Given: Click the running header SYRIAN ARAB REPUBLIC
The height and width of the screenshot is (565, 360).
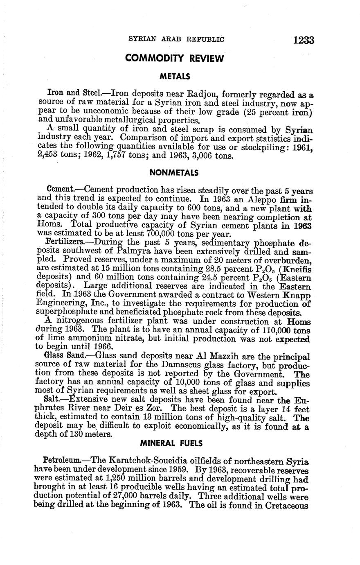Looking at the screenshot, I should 176,40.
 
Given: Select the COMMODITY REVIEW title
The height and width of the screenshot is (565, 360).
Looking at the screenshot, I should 174,59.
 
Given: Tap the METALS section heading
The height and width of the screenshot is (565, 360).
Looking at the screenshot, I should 175,77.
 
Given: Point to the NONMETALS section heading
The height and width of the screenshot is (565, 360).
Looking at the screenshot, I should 174,173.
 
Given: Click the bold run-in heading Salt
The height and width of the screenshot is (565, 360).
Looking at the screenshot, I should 55,399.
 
